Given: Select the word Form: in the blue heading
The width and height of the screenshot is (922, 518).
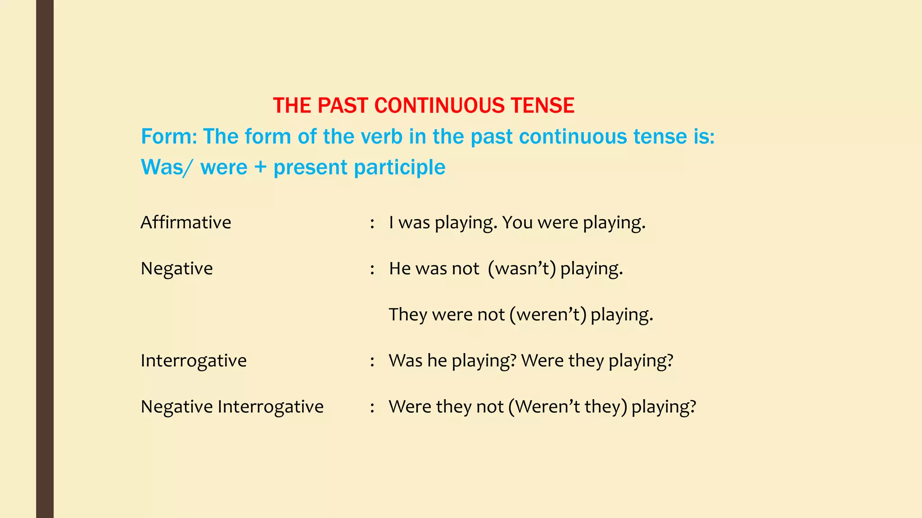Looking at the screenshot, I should coord(169,137).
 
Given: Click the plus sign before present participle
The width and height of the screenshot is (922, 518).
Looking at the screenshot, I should coord(260,167).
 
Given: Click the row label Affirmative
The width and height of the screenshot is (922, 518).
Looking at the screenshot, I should coord(185,223).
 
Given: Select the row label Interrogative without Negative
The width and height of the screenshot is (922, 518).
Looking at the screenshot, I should coord(194,361).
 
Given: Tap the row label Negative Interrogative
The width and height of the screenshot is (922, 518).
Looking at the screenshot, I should coord(232,406).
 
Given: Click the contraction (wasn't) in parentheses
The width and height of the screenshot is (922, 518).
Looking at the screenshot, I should coord(522,268).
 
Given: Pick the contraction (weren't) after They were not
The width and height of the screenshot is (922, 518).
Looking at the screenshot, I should coord(548,314).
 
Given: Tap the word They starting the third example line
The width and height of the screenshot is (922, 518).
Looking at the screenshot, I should coord(407,314).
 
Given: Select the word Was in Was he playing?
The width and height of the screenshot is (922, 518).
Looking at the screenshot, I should coord(405,361).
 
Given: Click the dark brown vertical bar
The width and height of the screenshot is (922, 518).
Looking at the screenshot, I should coord(45,259).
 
